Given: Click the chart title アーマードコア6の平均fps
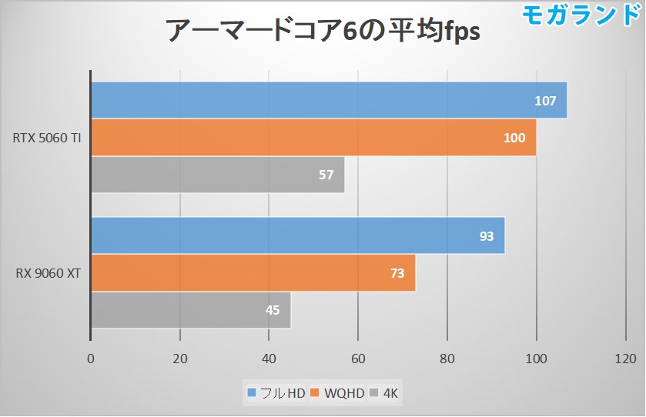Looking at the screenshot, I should [x=323, y=32].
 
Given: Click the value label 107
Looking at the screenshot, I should [x=547, y=101].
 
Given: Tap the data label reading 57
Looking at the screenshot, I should [x=326, y=175].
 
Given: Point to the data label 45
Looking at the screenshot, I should [x=273, y=311].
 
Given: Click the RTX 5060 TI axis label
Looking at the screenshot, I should [x=48, y=138].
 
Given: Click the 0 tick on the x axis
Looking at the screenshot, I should [x=91, y=358].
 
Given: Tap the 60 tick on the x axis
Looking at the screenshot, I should [x=357, y=358].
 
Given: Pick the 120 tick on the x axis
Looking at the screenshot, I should [x=625, y=358].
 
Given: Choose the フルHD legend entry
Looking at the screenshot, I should [x=276, y=394].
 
